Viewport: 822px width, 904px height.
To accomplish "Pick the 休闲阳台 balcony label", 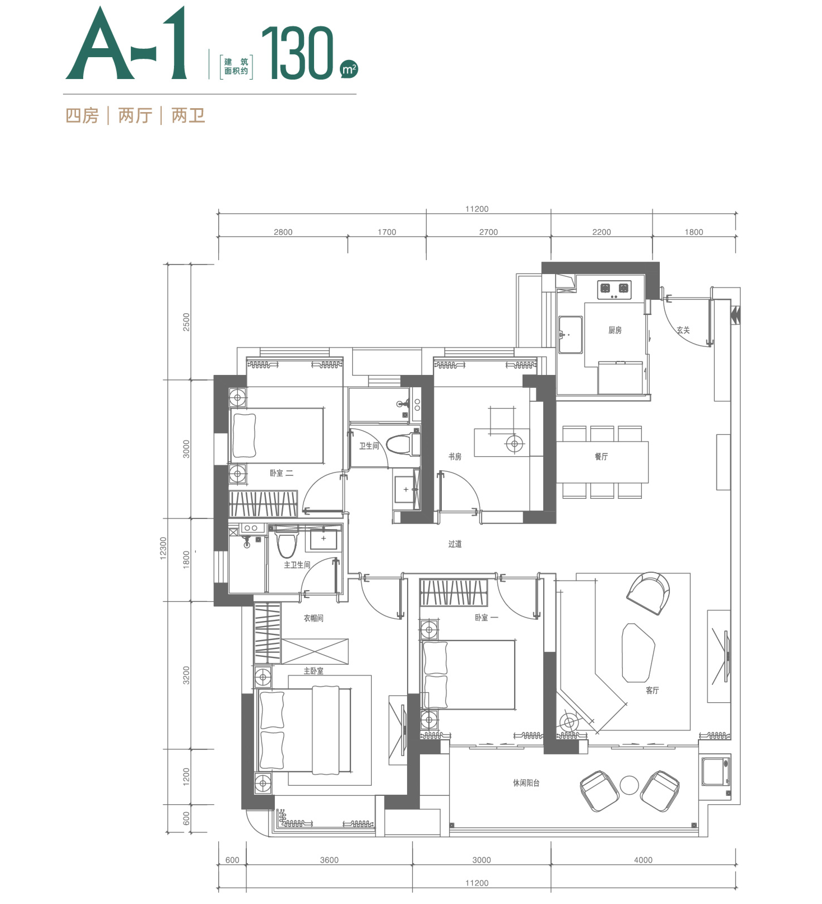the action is point(526,783).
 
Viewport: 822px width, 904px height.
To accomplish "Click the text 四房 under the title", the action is point(82,116).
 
